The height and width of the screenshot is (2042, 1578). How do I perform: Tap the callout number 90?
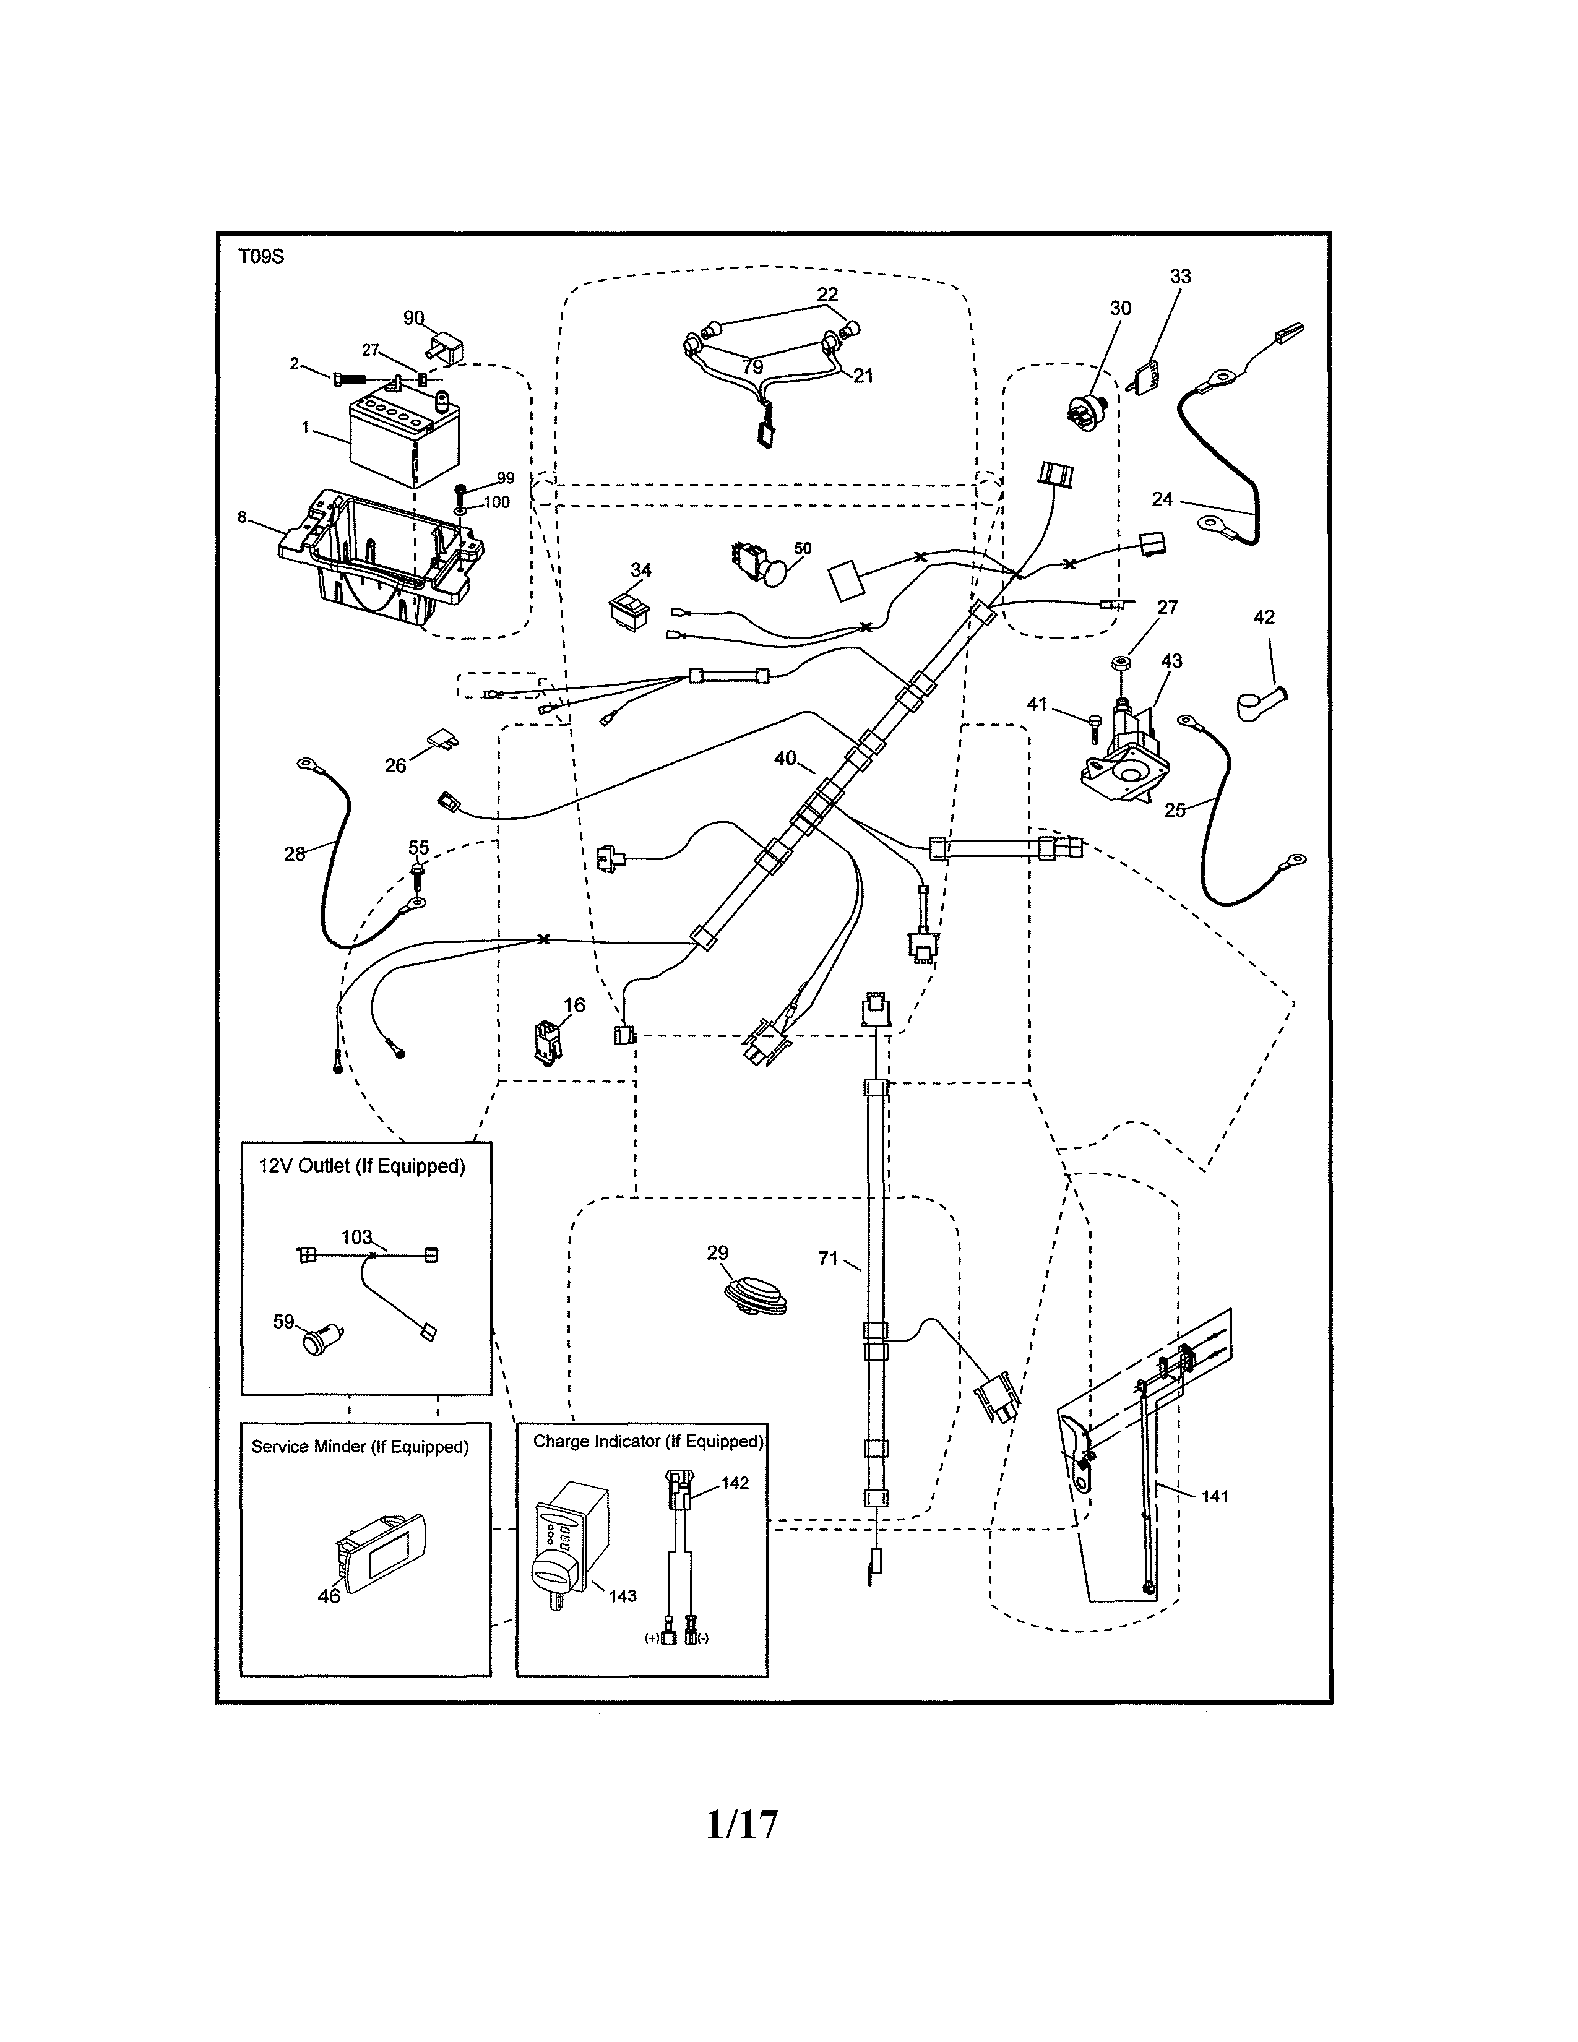[413, 319]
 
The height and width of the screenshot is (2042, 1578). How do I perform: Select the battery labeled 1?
[404, 437]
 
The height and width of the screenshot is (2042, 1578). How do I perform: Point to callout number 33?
[1181, 277]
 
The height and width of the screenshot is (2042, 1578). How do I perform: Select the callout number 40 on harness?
[785, 758]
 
